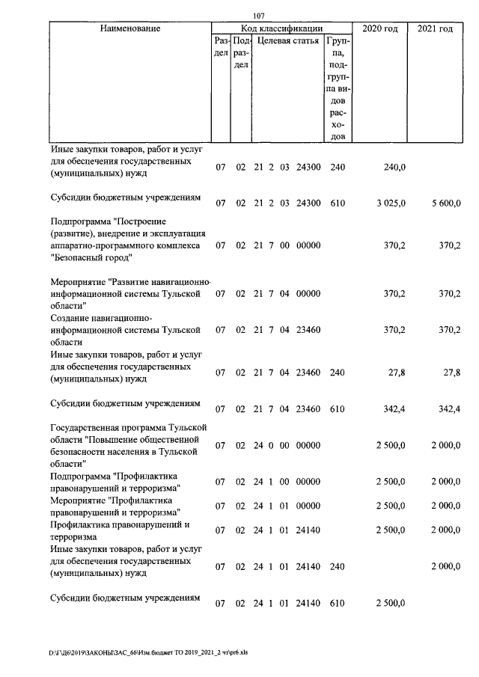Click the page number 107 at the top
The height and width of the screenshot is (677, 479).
pyautogui.click(x=260, y=16)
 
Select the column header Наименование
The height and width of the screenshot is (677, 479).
pyautogui.click(x=130, y=28)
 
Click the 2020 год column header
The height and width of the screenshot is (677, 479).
pyautogui.click(x=379, y=28)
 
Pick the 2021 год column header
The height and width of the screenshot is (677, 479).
pyautogui.click(x=435, y=28)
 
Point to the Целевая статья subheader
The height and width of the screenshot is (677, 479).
pyautogui.click(x=287, y=40)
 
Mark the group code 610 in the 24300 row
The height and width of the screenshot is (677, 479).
pyautogui.click(x=337, y=203)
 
